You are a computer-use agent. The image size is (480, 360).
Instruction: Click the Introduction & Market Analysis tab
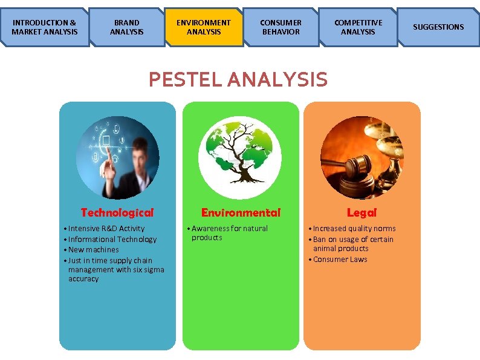[x=44, y=27]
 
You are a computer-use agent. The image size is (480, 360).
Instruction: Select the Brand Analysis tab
[x=127, y=27]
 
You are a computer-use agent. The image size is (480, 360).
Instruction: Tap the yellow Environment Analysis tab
[x=203, y=27]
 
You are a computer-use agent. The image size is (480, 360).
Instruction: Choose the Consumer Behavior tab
[x=281, y=27]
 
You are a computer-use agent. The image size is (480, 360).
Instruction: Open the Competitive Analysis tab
[x=358, y=27]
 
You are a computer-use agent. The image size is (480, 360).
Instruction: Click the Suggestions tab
[x=438, y=27]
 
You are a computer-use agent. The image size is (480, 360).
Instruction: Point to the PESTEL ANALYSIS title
[x=238, y=79]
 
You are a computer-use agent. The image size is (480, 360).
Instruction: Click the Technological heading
[x=117, y=212]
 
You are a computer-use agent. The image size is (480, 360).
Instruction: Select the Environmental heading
[x=241, y=212]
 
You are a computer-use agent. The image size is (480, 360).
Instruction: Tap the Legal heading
[x=362, y=212]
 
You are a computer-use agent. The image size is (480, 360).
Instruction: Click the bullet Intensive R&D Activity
[x=106, y=229]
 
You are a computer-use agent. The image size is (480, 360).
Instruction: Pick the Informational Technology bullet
[x=112, y=240]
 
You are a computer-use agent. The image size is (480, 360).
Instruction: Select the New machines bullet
[x=93, y=250]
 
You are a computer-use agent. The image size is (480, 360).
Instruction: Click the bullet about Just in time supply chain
[x=115, y=270]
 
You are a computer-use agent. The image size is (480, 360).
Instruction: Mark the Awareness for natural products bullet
[x=229, y=233]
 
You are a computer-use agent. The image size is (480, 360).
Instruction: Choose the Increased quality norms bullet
[x=354, y=229]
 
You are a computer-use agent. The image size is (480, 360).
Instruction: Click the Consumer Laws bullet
[x=340, y=260]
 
